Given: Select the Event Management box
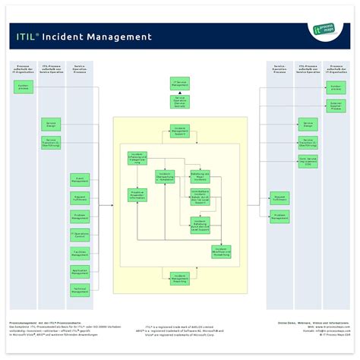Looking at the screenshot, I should (80, 179).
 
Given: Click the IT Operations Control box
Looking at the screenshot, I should (80, 235).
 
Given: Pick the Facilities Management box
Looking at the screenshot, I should (80, 253).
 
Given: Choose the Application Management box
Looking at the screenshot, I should (80, 271).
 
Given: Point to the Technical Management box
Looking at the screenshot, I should (80, 289).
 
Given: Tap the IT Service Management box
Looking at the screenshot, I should (180, 83).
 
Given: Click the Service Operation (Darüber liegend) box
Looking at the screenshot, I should (180, 101).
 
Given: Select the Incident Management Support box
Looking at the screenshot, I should (180, 131).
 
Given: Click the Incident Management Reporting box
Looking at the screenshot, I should (180, 279).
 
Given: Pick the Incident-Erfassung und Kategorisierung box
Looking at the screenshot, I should (137, 158).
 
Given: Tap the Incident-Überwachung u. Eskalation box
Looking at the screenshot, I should (166, 176).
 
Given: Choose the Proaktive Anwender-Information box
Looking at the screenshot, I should (137, 194).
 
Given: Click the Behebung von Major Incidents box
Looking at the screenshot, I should (200, 176).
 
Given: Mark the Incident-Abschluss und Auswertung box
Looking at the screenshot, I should (222, 251).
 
